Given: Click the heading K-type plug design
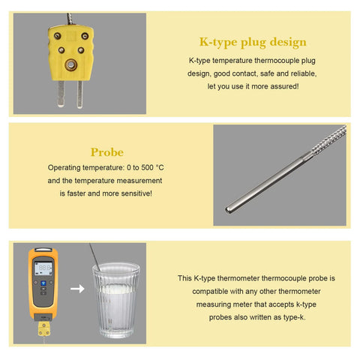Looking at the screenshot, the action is (253, 42).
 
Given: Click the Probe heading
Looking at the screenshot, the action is (107, 152).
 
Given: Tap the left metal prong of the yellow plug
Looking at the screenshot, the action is (61, 94).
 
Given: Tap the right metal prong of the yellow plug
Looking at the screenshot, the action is (79, 94).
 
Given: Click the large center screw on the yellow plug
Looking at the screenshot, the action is (71, 64).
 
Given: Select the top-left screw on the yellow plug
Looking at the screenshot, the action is (58, 36).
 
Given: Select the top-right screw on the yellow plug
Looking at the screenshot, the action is (85, 36).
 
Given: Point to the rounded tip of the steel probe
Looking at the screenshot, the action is (228, 210).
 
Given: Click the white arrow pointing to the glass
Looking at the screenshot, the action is (77, 289).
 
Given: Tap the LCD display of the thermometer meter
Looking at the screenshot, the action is (43, 268).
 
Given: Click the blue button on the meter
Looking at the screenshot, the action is (43, 283).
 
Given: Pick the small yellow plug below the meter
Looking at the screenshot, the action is (44, 328).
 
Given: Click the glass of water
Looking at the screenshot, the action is (116, 300).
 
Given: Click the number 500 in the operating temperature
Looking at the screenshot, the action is (147, 167).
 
